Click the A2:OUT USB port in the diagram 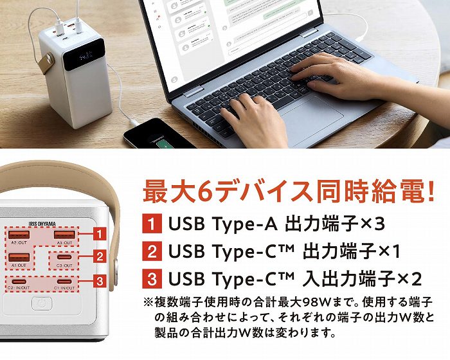coord(19,235)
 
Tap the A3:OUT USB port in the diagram coord(64,235)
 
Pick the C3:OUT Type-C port coord(64,257)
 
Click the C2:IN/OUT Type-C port coord(19,282)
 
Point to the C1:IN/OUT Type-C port coord(64,282)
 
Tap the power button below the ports coord(42,303)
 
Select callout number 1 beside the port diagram coord(99,232)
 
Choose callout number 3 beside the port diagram coord(99,280)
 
